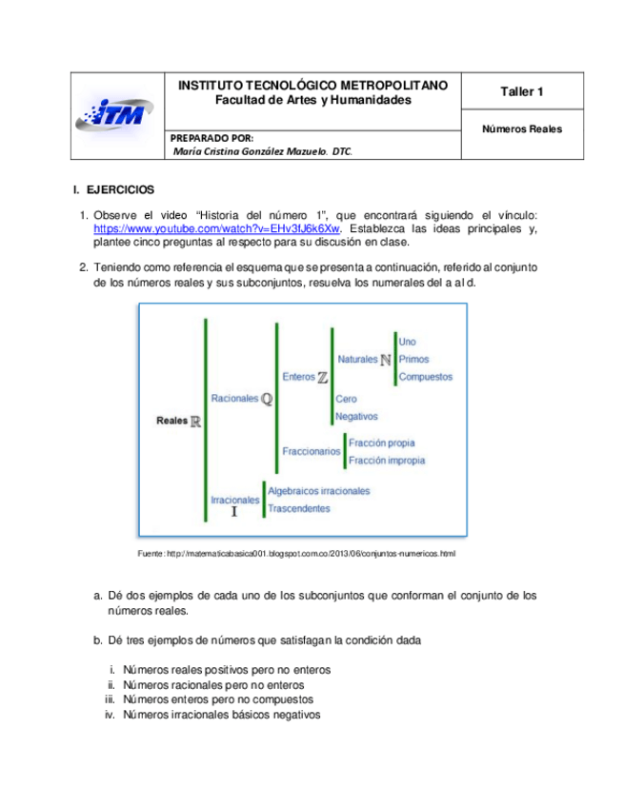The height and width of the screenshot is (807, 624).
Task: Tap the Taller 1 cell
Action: click(521, 91)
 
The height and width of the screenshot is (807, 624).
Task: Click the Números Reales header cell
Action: click(521, 128)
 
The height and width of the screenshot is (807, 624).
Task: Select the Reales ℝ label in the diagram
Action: click(178, 421)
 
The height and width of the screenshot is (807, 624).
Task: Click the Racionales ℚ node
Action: click(241, 399)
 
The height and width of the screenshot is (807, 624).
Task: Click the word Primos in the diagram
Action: click(414, 360)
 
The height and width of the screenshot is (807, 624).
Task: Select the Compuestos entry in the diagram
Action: click(425, 377)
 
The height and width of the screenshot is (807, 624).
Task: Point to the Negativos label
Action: click(356, 416)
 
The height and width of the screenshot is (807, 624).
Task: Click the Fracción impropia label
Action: click(387, 461)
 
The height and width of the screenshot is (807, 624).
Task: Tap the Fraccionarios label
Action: click(311, 451)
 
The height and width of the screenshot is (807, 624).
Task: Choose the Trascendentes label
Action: click(299, 508)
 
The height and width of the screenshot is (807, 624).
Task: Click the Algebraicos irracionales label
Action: click(318, 491)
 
